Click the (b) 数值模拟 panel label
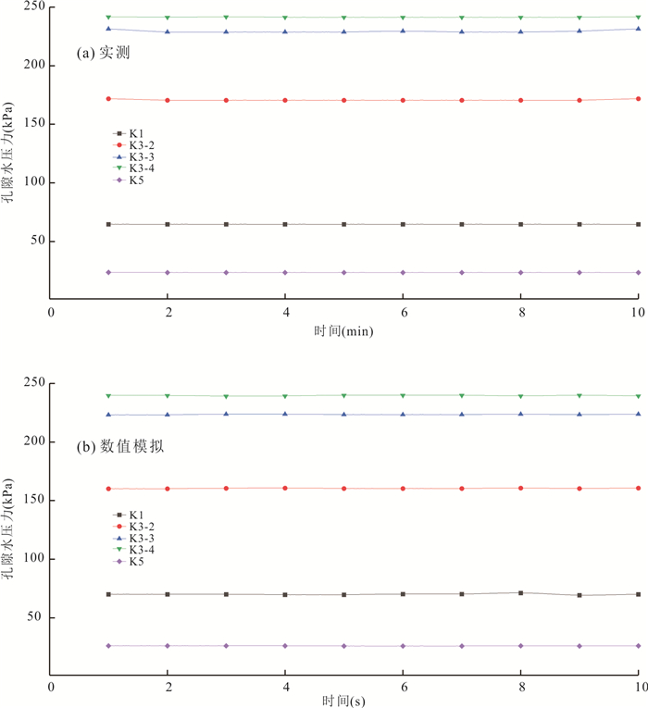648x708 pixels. pyautogui.click(x=126, y=447)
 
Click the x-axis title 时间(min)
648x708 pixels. pyautogui.click(x=343, y=331)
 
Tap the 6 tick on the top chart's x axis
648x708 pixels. pyautogui.click(x=403, y=314)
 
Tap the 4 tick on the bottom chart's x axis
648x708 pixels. pyautogui.click(x=285, y=687)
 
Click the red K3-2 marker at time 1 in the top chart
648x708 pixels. pyautogui.click(x=108, y=98)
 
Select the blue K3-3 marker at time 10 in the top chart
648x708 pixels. pyautogui.click(x=638, y=29)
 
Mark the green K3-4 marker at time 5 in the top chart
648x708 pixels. pyautogui.click(x=343, y=18)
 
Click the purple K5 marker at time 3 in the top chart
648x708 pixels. pyautogui.click(x=226, y=272)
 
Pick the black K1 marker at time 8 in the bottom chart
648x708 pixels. pyautogui.click(x=520, y=592)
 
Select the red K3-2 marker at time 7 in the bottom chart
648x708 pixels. pyautogui.click(x=461, y=488)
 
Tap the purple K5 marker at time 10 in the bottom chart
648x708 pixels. pyautogui.click(x=638, y=645)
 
